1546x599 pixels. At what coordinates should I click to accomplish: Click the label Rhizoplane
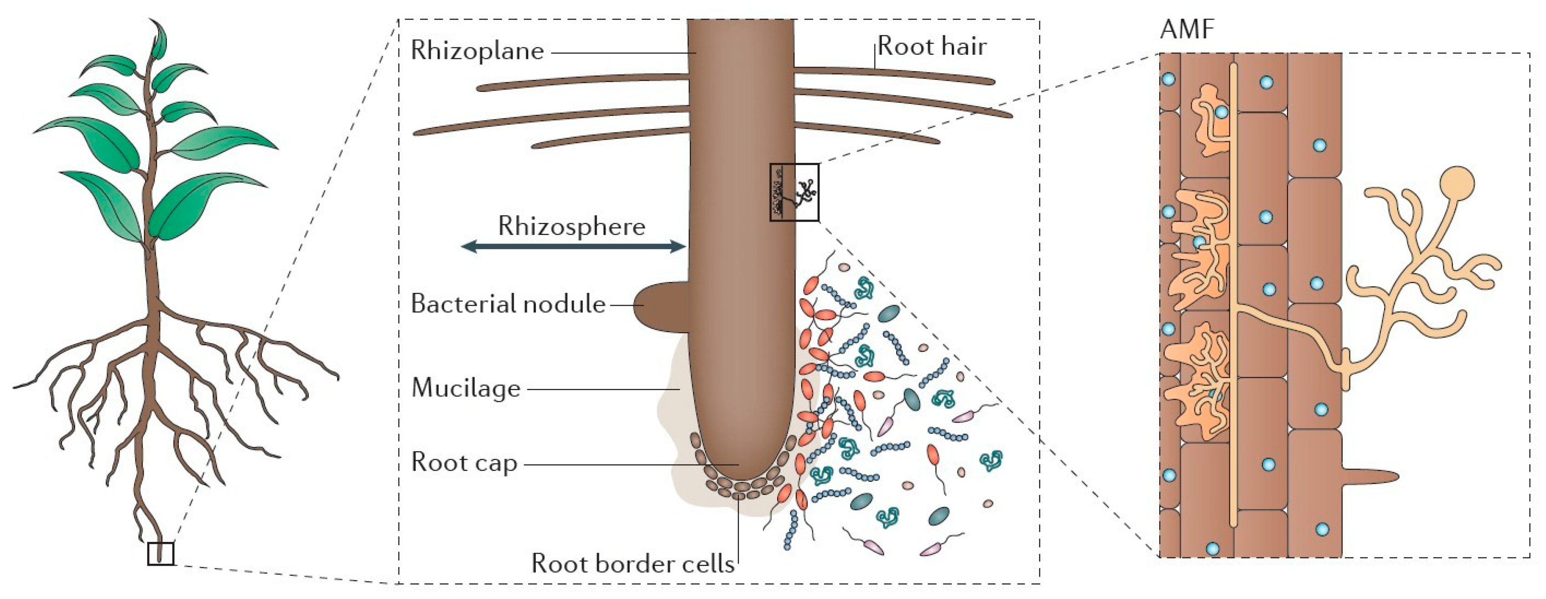click(477, 51)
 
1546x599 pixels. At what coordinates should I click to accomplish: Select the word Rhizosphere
click(571, 227)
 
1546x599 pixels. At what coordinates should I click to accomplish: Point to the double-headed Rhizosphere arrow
click(573, 245)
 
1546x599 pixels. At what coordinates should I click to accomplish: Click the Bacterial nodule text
click(508, 304)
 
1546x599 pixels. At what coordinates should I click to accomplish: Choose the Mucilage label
click(466, 388)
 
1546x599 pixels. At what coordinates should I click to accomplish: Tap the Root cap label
click(464, 463)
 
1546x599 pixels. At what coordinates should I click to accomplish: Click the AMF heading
click(1187, 29)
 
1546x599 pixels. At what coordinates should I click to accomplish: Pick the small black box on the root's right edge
click(794, 192)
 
